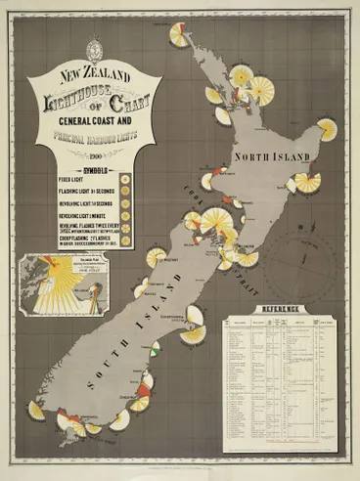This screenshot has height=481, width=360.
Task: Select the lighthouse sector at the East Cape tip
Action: pyautogui.click(x=327, y=128)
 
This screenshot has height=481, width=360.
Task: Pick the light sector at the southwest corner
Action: pyautogui.click(x=37, y=410)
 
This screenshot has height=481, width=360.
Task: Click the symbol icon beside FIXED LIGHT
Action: pyautogui.click(x=126, y=179)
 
